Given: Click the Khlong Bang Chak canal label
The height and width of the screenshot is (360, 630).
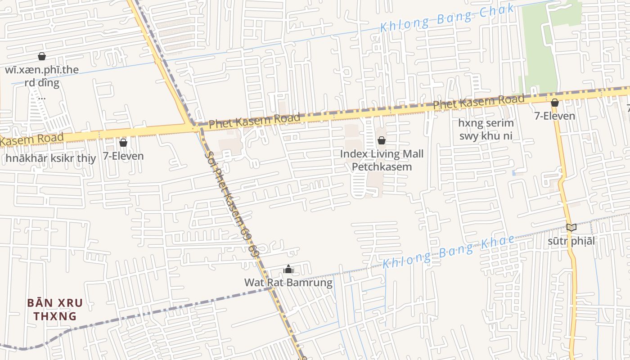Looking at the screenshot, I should (447, 18).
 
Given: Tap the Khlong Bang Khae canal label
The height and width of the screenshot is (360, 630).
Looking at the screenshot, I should (448, 251).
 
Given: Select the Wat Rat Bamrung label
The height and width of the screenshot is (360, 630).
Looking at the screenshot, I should (288, 283).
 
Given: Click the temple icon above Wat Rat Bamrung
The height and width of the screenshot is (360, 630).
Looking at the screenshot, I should (288, 270).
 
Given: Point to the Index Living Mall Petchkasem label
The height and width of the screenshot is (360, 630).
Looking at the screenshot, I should (382, 161).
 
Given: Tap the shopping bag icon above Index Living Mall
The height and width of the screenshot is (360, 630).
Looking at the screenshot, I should (382, 140).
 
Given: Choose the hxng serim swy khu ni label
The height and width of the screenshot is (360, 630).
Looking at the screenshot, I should (486, 129).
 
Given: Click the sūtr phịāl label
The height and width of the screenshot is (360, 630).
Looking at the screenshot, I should (571, 241).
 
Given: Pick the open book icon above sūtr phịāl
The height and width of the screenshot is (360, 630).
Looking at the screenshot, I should (571, 228).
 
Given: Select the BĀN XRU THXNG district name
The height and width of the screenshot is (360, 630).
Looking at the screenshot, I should (55, 309).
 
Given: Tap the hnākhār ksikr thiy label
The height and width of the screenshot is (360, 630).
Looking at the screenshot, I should (51, 158).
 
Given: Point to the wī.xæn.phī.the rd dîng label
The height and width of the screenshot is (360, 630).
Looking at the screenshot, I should (42, 76).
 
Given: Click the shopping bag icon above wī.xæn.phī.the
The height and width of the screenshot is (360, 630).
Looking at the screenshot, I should (42, 56).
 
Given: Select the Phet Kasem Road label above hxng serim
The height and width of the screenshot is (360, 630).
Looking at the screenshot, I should (478, 102).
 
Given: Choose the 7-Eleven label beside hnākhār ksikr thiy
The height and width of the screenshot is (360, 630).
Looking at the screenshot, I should (123, 156).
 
